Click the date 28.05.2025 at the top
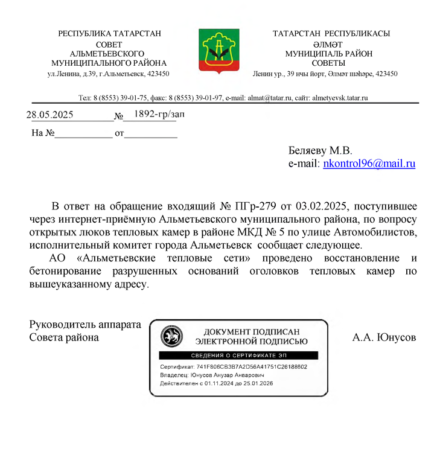tap(49, 115)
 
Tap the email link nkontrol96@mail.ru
tap(369, 164)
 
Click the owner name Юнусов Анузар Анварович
tap(230, 375)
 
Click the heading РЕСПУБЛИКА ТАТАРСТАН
tap(109, 34)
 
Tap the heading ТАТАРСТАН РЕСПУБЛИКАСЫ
tap(331, 34)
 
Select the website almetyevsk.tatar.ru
tap(340, 98)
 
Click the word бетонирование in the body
tap(69, 271)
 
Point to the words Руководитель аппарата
tap(85, 325)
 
